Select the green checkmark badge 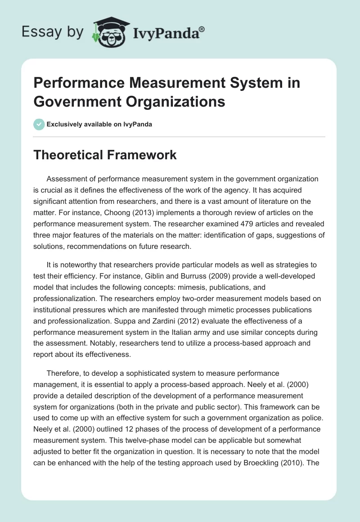[x=39, y=124]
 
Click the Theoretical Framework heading [x=105, y=155]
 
